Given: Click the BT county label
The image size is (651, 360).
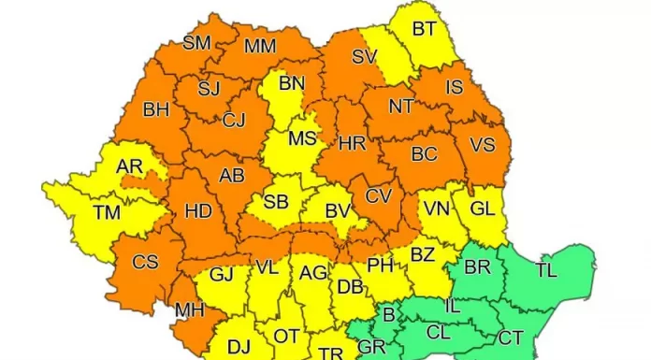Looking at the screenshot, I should [x=424, y=29].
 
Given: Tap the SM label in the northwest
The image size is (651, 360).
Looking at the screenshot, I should [x=196, y=42].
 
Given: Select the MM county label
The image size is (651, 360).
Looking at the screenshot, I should [x=259, y=46].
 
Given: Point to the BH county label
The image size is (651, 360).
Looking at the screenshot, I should [x=155, y=109].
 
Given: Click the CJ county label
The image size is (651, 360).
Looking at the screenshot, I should [x=234, y=119].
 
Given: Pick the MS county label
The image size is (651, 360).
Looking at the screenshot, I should [x=302, y=138].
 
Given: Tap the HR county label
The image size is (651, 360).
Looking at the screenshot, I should [x=352, y=144].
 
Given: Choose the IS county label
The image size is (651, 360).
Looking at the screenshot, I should [x=455, y=87].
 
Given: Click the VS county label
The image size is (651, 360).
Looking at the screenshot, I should [x=482, y=145].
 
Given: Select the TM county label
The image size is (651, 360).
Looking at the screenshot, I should [x=107, y=212].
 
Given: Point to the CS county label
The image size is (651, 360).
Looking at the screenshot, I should [x=145, y=262].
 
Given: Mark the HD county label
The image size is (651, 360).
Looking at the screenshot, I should [x=198, y=211].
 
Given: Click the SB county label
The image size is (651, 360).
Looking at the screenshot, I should [x=275, y=202].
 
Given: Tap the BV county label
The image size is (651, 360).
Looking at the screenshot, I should [x=337, y=211].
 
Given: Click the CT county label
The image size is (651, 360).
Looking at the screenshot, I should [x=511, y=337].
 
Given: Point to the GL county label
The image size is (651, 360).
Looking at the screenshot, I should [x=483, y=209].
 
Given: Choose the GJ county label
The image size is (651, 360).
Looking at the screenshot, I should [x=221, y=274].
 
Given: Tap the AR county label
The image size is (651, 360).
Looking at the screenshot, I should [x=129, y=166].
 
